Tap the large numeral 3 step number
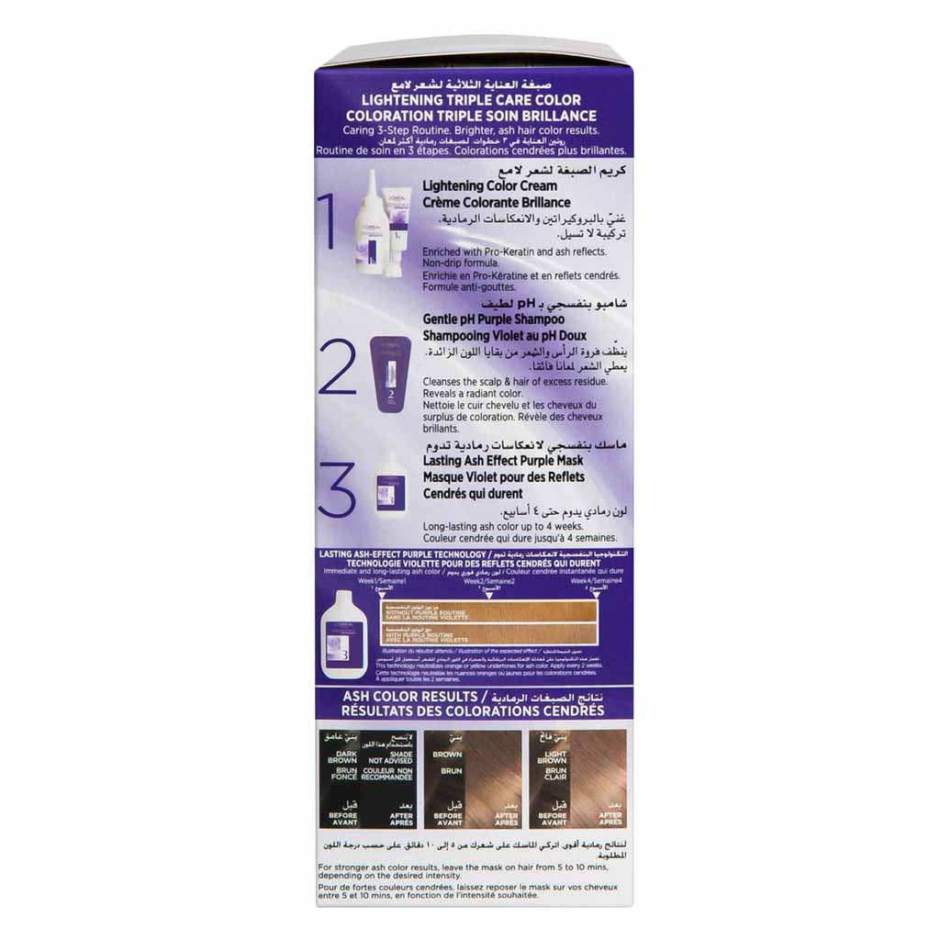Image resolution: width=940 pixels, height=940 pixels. pos(336,489)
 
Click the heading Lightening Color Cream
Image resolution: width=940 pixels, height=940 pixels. pos(489,186)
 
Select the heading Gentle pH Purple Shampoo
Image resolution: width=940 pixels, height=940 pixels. pos(493,319)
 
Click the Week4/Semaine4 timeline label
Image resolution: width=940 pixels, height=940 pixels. pos(595,581)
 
